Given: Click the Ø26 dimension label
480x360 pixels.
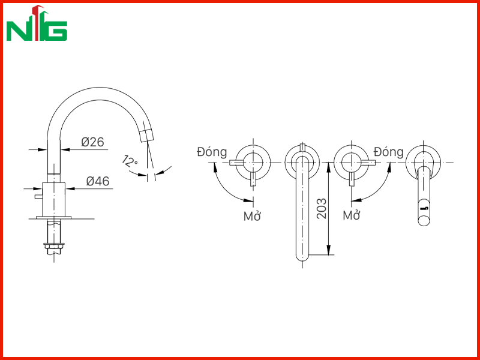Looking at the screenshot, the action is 92,142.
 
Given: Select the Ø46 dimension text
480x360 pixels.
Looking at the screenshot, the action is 98,181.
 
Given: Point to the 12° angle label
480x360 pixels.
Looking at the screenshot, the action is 130,161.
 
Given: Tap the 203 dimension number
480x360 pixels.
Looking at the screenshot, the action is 322,208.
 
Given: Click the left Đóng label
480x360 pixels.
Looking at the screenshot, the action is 212,152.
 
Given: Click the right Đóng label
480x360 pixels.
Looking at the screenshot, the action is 389,152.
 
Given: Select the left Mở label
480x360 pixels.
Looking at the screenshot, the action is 252,216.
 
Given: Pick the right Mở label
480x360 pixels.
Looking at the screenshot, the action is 351,215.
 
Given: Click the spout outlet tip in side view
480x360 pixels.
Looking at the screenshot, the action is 146,136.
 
